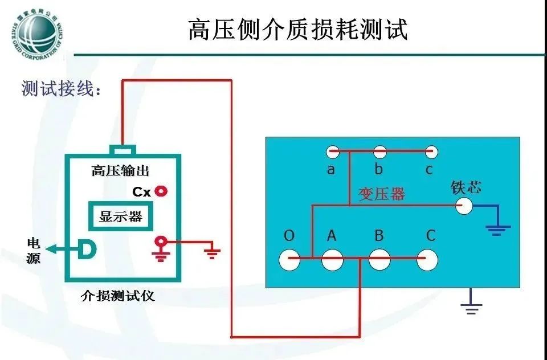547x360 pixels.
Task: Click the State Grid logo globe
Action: point(35,32)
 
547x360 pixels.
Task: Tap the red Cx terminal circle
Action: point(161,191)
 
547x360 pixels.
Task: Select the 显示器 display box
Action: point(120,216)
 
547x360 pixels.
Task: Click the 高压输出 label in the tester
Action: point(121,170)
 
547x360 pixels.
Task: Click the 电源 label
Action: point(34,250)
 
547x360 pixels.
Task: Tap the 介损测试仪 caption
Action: point(118,296)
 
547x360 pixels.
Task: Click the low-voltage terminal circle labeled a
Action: point(333,152)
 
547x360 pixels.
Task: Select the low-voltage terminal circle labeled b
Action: point(380,152)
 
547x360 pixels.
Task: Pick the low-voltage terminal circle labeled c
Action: point(431,152)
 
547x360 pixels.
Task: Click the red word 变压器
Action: point(381,194)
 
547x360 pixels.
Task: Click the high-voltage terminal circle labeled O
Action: point(289,260)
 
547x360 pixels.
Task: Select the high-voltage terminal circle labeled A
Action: point(333,260)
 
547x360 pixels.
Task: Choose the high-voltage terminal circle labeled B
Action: point(379,260)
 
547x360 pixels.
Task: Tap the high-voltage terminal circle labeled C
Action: point(428,260)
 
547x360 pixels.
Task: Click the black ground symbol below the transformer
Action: point(471,308)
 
